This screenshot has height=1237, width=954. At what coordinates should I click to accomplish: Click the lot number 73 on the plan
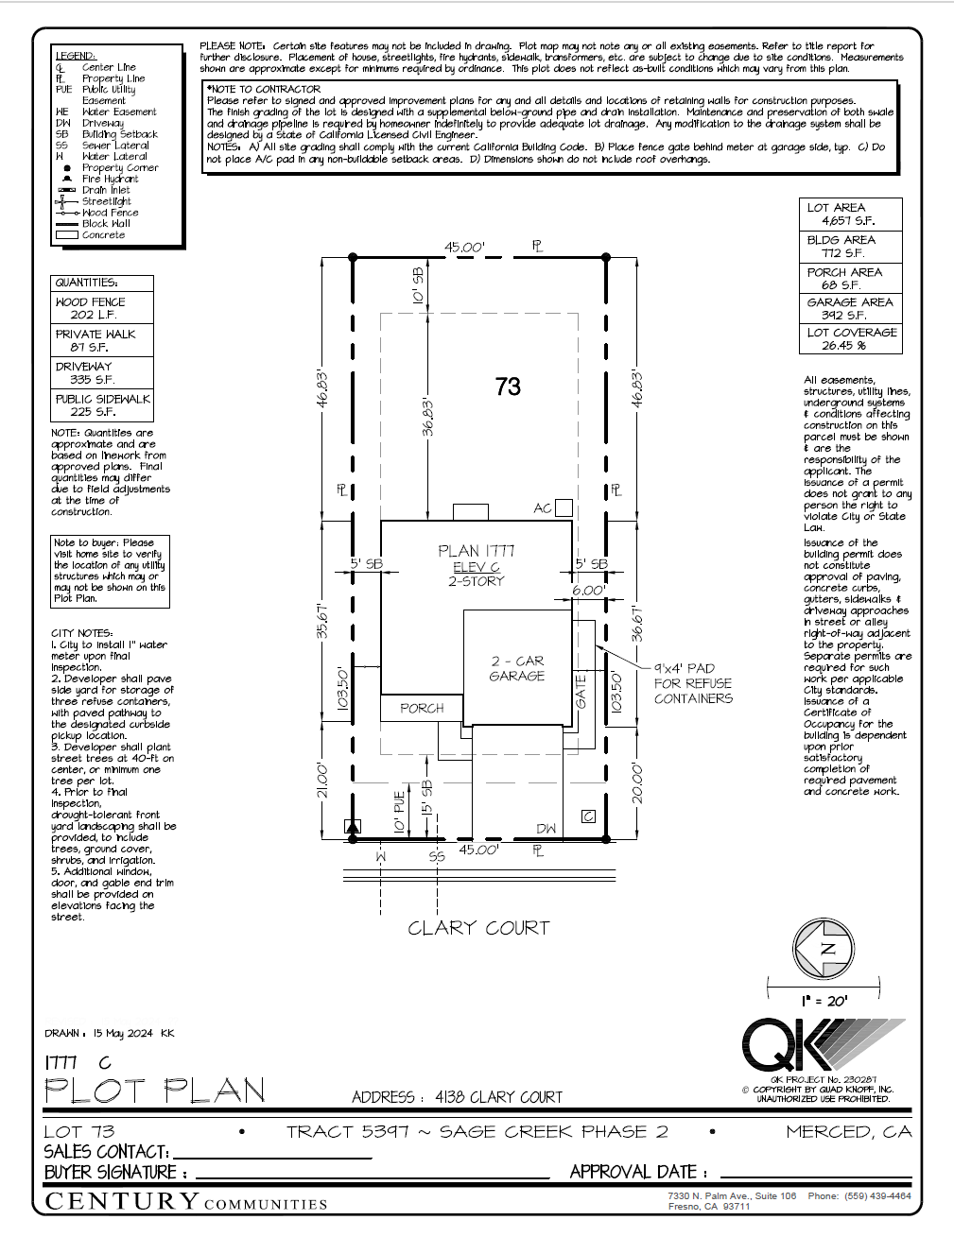pyautogui.click(x=508, y=387)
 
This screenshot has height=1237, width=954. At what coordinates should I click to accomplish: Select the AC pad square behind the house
pyautogui.click(x=564, y=508)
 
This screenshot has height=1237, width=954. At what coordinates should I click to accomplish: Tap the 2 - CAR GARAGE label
pyautogui.click(x=517, y=668)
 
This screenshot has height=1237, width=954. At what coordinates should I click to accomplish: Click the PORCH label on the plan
pyautogui.click(x=422, y=708)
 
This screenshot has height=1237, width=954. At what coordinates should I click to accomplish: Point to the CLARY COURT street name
pyautogui.click(x=478, y=928)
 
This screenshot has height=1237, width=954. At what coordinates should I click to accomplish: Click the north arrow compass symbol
pyautogui.click(x=828, y=950)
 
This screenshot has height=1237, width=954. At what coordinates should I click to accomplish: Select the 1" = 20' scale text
pyautogui.click(x=824, y=1001)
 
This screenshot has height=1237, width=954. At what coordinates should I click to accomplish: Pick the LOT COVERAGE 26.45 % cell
pyautogui.click(x=851, y=339)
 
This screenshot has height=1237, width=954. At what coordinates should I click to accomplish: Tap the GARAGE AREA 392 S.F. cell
pyautogui.click(x=851, y=308)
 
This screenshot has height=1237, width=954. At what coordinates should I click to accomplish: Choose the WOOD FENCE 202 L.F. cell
pyautogui.click(x=101, y=308)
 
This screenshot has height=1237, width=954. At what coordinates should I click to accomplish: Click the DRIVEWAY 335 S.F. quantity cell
pyautogui.click(x=101, y=372)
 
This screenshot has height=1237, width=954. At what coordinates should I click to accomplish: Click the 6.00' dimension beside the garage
pyautogui.click(x=588, y=591)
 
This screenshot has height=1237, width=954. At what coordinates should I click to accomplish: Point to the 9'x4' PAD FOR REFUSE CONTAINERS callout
pyautogui.click(x=692, y=683)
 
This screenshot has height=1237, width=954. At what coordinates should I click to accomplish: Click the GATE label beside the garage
pyautogui.click(x=581, y=691)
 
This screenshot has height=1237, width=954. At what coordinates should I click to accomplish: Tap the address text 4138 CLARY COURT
pyautogui.click(x=498, y=1097)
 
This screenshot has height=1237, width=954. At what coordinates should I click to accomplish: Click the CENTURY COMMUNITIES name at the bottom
pyautogui.click(x=186, y=1202)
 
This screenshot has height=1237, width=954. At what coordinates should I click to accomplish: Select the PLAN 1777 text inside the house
pyautogui.click(x=477, y=551)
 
